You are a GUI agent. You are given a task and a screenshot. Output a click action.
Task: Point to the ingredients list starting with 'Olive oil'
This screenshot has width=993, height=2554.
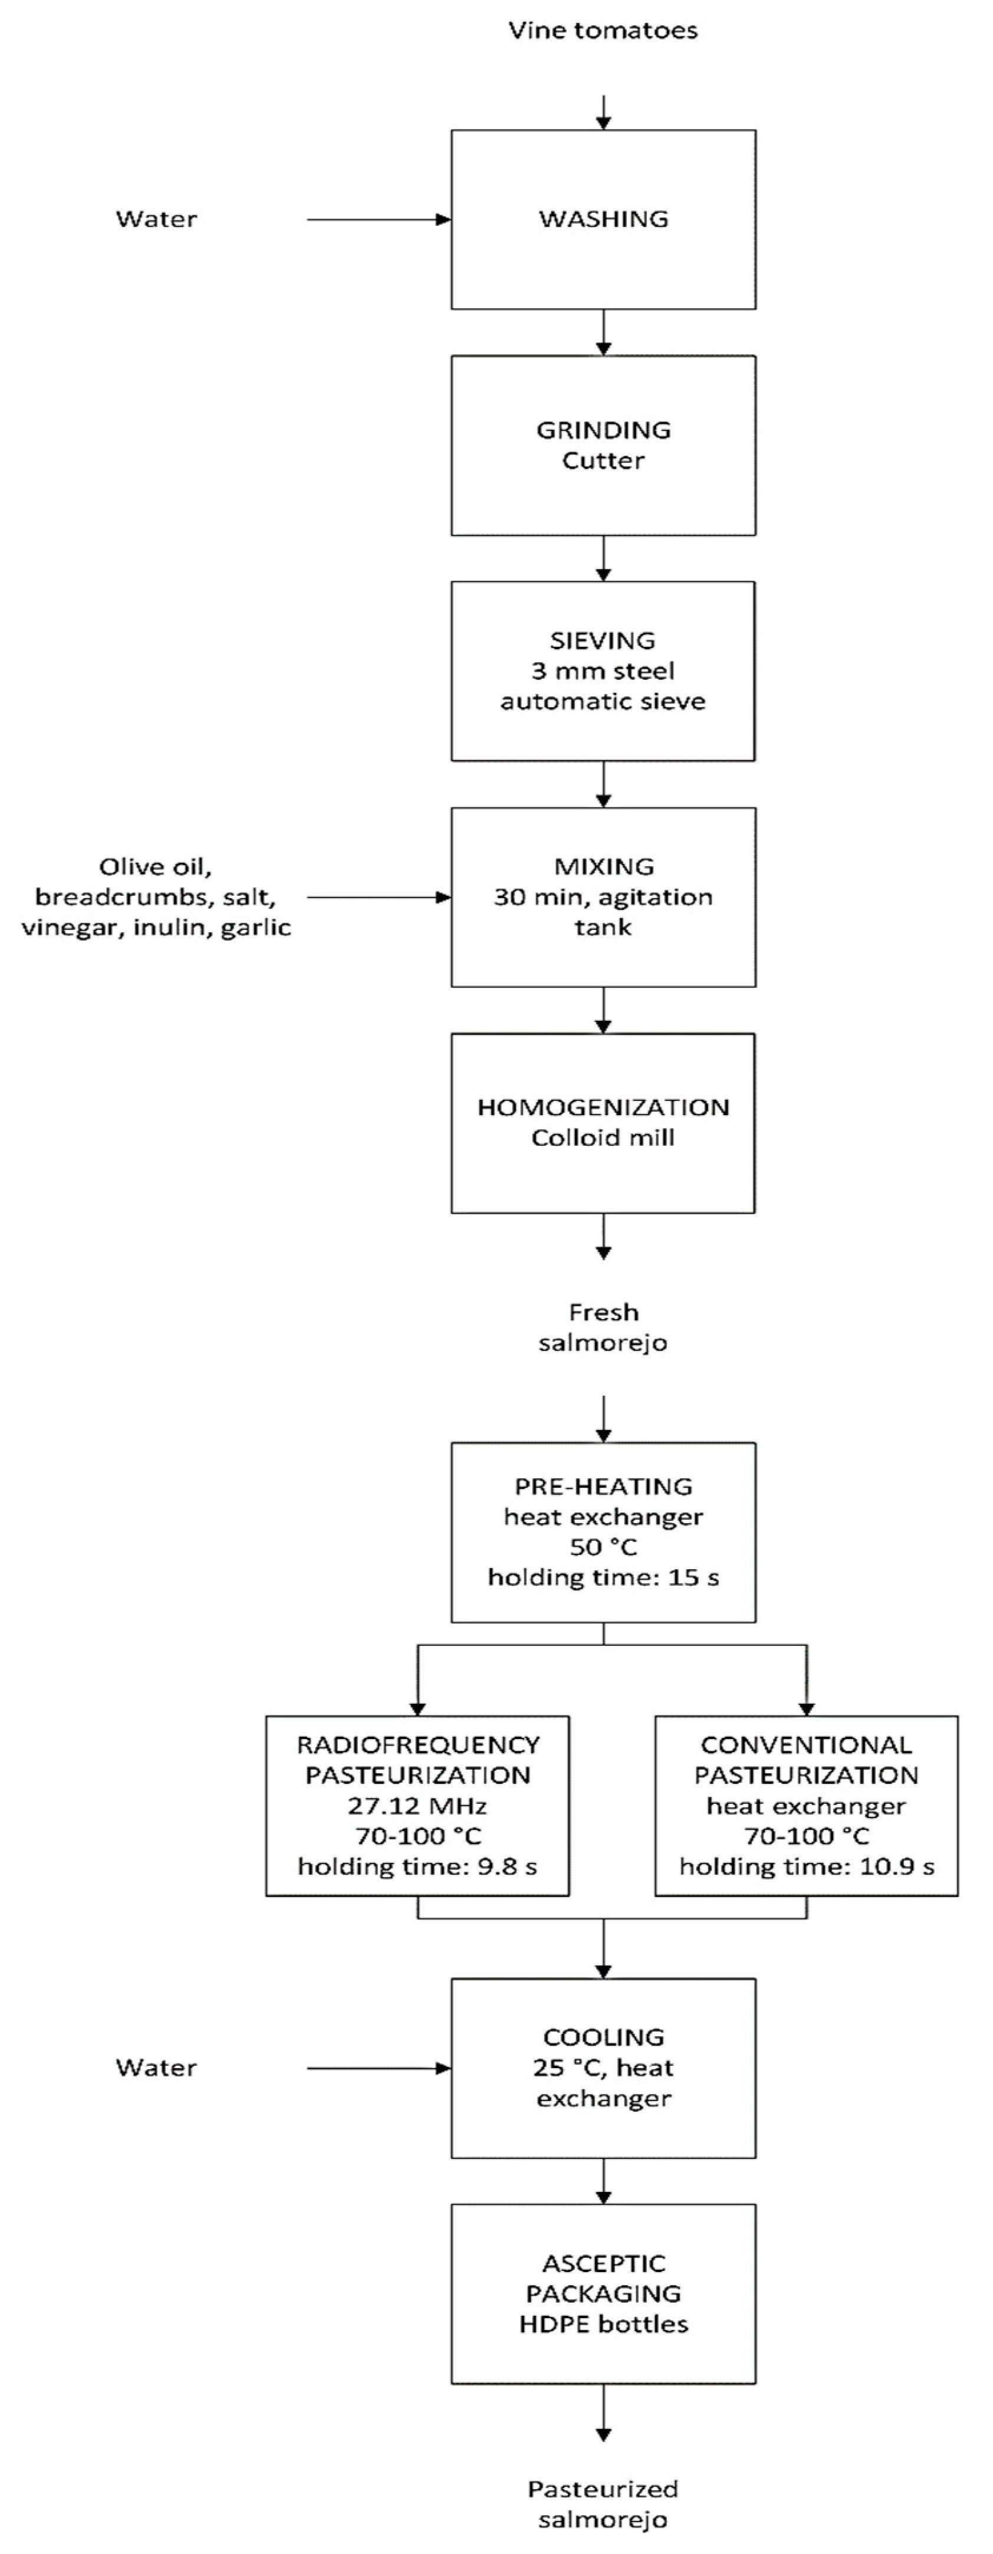(x=157, y=898)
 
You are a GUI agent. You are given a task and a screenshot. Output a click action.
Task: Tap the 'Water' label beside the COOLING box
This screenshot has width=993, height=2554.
(x=157, y=2068)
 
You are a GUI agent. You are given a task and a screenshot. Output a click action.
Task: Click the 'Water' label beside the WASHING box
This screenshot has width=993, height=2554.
(x=157, y=219)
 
